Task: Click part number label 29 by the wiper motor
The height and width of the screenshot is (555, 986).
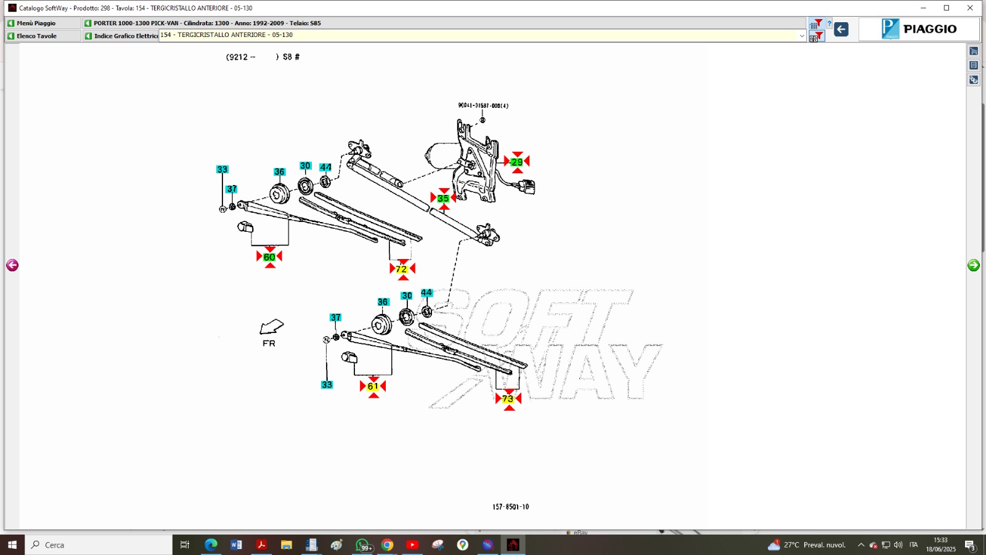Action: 516,162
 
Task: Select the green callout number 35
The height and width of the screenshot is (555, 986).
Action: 443,199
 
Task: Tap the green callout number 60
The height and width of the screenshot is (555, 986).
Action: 269,257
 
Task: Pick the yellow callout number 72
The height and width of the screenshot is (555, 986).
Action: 402,269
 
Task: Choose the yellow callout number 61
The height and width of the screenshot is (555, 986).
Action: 373,387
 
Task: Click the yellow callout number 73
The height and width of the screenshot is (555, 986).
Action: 508,399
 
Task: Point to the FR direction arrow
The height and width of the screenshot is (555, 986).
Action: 271,327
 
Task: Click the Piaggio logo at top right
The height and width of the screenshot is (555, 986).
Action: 919,29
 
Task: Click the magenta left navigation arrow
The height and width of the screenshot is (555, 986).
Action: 12,265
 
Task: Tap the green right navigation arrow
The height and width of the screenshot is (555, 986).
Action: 974,265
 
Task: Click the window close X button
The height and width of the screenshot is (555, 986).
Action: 970,8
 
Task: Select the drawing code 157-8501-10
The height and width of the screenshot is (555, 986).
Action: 510,507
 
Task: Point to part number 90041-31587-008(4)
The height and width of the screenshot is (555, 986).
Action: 483,105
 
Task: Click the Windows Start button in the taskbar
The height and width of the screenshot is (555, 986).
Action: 12,545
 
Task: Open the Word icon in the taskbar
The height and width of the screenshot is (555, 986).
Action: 236,545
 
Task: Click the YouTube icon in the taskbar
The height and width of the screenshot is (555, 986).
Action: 412,545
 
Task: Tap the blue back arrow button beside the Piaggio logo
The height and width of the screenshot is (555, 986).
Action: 841,29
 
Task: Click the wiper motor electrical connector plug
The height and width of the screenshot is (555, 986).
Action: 528,186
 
